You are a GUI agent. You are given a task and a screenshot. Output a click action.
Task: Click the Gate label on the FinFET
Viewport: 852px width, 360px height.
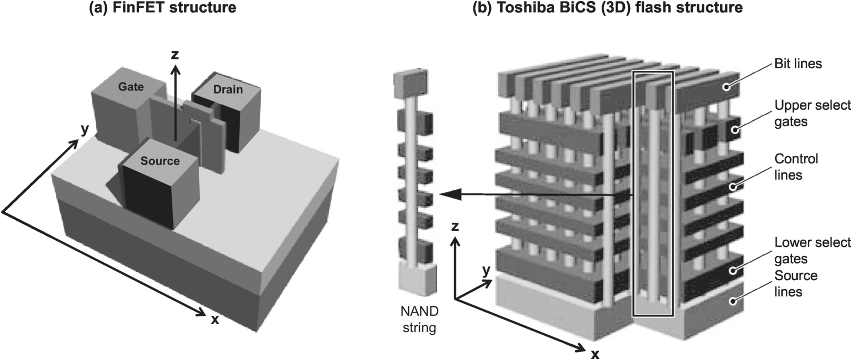131,86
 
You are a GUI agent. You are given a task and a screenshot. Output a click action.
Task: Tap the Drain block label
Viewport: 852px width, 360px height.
228,89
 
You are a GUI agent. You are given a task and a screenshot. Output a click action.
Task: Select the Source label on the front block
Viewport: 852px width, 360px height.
160,161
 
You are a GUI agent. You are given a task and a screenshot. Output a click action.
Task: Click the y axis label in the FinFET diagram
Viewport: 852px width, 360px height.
84,130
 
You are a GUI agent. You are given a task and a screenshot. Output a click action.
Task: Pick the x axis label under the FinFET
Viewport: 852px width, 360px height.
214,319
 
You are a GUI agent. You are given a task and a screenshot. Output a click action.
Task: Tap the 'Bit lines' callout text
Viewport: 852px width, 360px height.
798,64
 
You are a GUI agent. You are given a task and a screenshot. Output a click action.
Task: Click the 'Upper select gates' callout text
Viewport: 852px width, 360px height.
812,114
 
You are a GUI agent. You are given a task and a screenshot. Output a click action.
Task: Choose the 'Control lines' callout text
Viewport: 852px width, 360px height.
796,167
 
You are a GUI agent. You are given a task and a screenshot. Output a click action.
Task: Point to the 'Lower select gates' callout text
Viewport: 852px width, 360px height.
812,250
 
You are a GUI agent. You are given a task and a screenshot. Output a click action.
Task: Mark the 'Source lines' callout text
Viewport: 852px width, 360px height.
796,283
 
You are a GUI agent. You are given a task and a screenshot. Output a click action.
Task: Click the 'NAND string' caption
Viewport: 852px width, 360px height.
419,320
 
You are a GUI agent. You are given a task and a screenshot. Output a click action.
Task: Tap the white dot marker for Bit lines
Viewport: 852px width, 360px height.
727,87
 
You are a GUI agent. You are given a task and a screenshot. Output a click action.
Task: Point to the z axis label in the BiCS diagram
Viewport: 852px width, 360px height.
455,227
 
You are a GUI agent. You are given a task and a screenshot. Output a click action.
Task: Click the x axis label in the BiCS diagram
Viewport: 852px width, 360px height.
595,354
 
